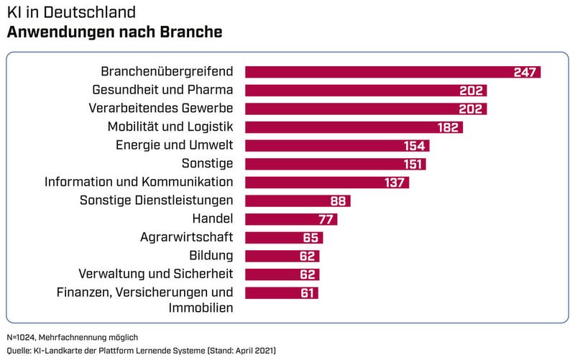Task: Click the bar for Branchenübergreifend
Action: [x=392, y=72]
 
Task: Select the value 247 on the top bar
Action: [x=526, y=72]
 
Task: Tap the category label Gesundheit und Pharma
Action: [x=163, y=90]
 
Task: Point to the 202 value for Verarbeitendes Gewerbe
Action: [x=473, y=109]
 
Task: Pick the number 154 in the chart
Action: [x=415, y=146]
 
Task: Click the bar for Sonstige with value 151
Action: [x=335, y=164]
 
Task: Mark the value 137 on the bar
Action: [x=395, y=183]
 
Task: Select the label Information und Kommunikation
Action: [x=139, y=182]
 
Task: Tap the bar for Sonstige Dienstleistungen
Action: [x=298, y=200]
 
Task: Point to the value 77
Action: [x=328, y=219]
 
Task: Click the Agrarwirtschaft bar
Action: [x=284, y=238]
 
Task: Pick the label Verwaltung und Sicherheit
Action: [x=155, y=274]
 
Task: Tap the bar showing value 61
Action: [x=281, y=292]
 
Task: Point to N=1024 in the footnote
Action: [x=22, y=337]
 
